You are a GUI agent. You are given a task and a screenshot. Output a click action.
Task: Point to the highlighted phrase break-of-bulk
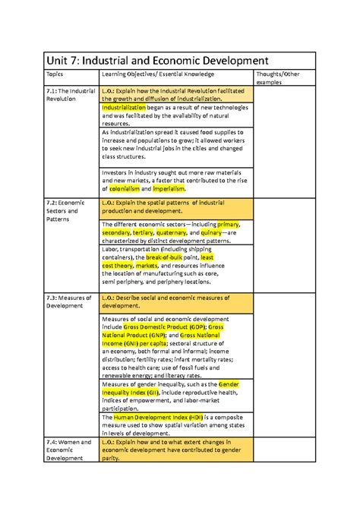pyautogui.click(x=166, y=258)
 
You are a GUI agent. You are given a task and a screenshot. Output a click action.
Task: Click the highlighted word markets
pyautogui.click(x=146, y=267)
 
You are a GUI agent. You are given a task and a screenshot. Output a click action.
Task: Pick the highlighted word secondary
pyautogui.click(x=115, y=233)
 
